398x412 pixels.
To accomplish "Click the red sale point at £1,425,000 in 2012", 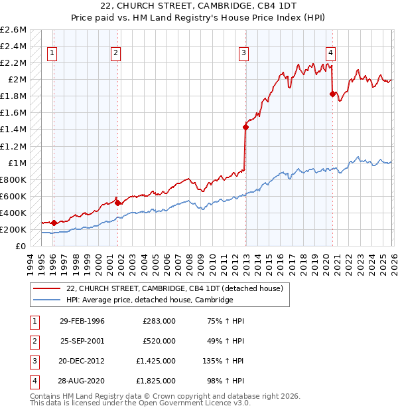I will (x=245, y=126).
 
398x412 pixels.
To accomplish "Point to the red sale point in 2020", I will (x=332, y=94).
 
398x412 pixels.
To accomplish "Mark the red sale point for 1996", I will (x=54, y=223).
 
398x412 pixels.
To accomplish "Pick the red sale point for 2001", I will (x=117, y=203).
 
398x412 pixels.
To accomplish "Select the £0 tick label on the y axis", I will (x=21, y=247).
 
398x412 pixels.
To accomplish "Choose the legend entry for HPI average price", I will (x=150, y=300).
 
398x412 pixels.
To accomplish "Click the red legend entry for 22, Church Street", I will (x=174, y=288).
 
